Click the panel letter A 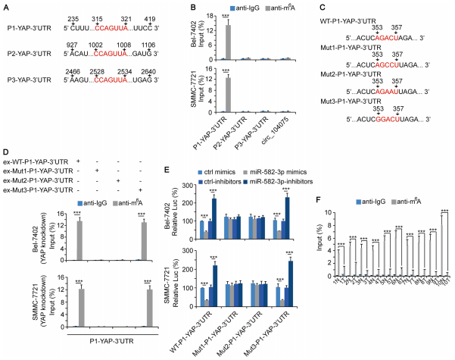click(6, 5)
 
